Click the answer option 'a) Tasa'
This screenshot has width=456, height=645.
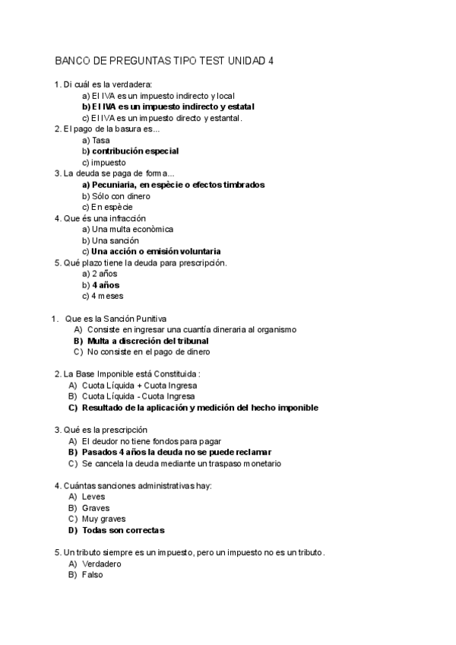[x=96, y=141]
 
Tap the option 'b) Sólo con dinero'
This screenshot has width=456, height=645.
[x=116, y=195]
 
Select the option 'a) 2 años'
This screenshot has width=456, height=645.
[x=98, y=273]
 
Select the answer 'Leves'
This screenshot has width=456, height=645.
[x=93, y=496]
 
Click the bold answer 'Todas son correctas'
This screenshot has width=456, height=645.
[x=123, y=530]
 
